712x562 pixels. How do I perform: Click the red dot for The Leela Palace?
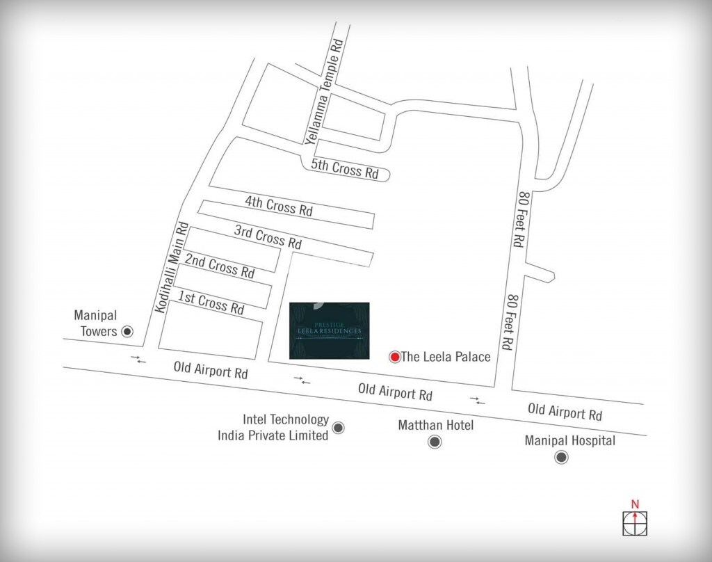[394, 357]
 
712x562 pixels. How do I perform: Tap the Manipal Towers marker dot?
[127, 331]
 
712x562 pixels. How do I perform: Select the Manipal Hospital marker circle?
[560, 457]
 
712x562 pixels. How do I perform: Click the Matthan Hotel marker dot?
[435, 442]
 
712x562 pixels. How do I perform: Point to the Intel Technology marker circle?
[339, 428]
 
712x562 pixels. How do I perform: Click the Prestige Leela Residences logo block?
[329, 330]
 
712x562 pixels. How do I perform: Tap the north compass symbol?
[633, 520]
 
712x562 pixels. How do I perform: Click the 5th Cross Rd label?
[345, 168]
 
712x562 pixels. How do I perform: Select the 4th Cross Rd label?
[279, 205]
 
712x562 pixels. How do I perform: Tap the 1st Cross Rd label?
[211, 303]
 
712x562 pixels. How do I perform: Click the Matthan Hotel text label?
[435, 424]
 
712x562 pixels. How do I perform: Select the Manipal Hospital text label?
[570, 440]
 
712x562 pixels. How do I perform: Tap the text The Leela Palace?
[446, 357]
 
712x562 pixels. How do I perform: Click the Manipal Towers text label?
[95, 325]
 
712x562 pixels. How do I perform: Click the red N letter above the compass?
[633, 504]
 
